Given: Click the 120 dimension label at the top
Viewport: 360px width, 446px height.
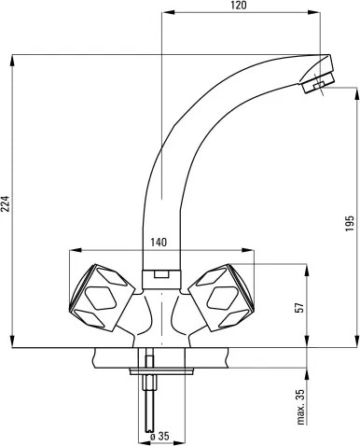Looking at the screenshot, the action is click(x=239, y=6).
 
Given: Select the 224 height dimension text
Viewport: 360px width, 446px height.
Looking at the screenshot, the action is click(x=6, y=203).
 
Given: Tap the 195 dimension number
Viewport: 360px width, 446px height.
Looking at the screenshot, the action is click(x=350, y=223).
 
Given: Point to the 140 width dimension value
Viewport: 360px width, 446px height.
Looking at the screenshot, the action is click(x=159, y=243).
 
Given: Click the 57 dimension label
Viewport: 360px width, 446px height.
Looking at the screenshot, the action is click(x=299, y=307).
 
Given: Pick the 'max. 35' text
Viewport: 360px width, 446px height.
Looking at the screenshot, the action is click(x=300, y=407).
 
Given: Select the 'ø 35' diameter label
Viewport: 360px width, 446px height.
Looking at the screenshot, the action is click(x=159, y=437).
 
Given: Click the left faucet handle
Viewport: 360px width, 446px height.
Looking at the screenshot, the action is click(x=102, y=297).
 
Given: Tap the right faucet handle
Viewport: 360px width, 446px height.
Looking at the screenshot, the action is click(x=222, y=297).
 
